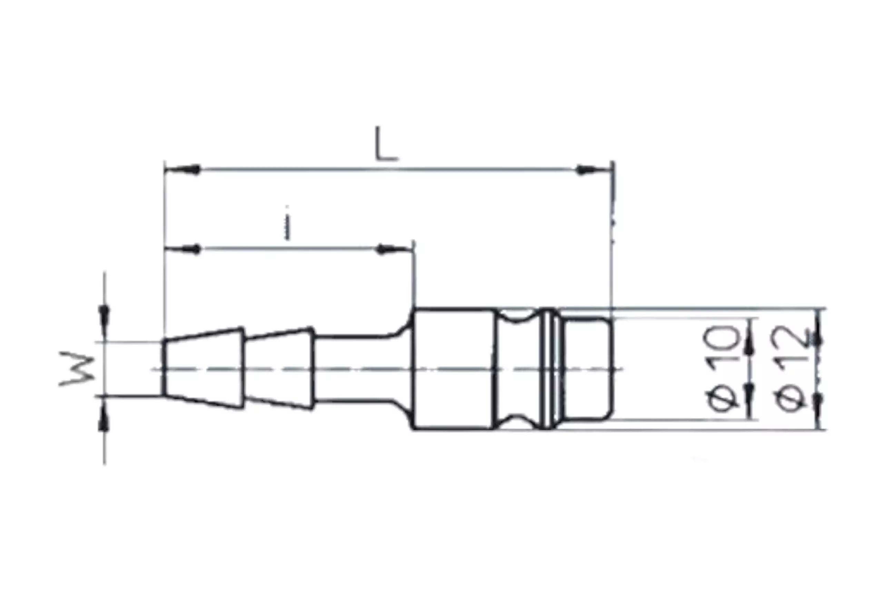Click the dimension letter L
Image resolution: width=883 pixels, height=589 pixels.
coord(386,144)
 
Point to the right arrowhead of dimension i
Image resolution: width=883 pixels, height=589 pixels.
coord(394,249)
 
